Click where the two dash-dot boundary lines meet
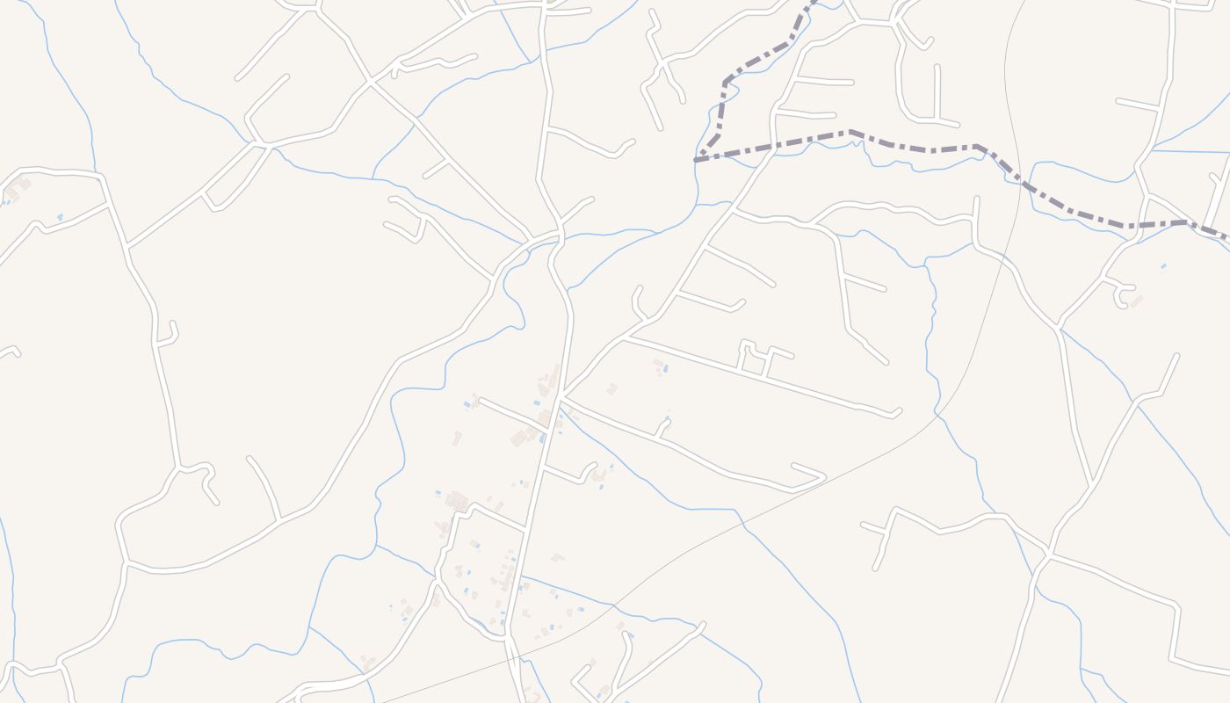coord(697,160)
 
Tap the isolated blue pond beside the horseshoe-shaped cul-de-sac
coord(1163,265)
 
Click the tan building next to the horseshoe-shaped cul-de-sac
coord(1136,301)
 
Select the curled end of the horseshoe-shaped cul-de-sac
coord(1121,304)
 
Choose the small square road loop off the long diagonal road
coord(755,356)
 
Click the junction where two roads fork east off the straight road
coord(562,396)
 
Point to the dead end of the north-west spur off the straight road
coord(479,400)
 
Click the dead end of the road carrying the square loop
coord(897,411)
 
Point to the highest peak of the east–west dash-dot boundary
coord(850,133)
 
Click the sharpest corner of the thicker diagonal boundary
coord(726,83)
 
